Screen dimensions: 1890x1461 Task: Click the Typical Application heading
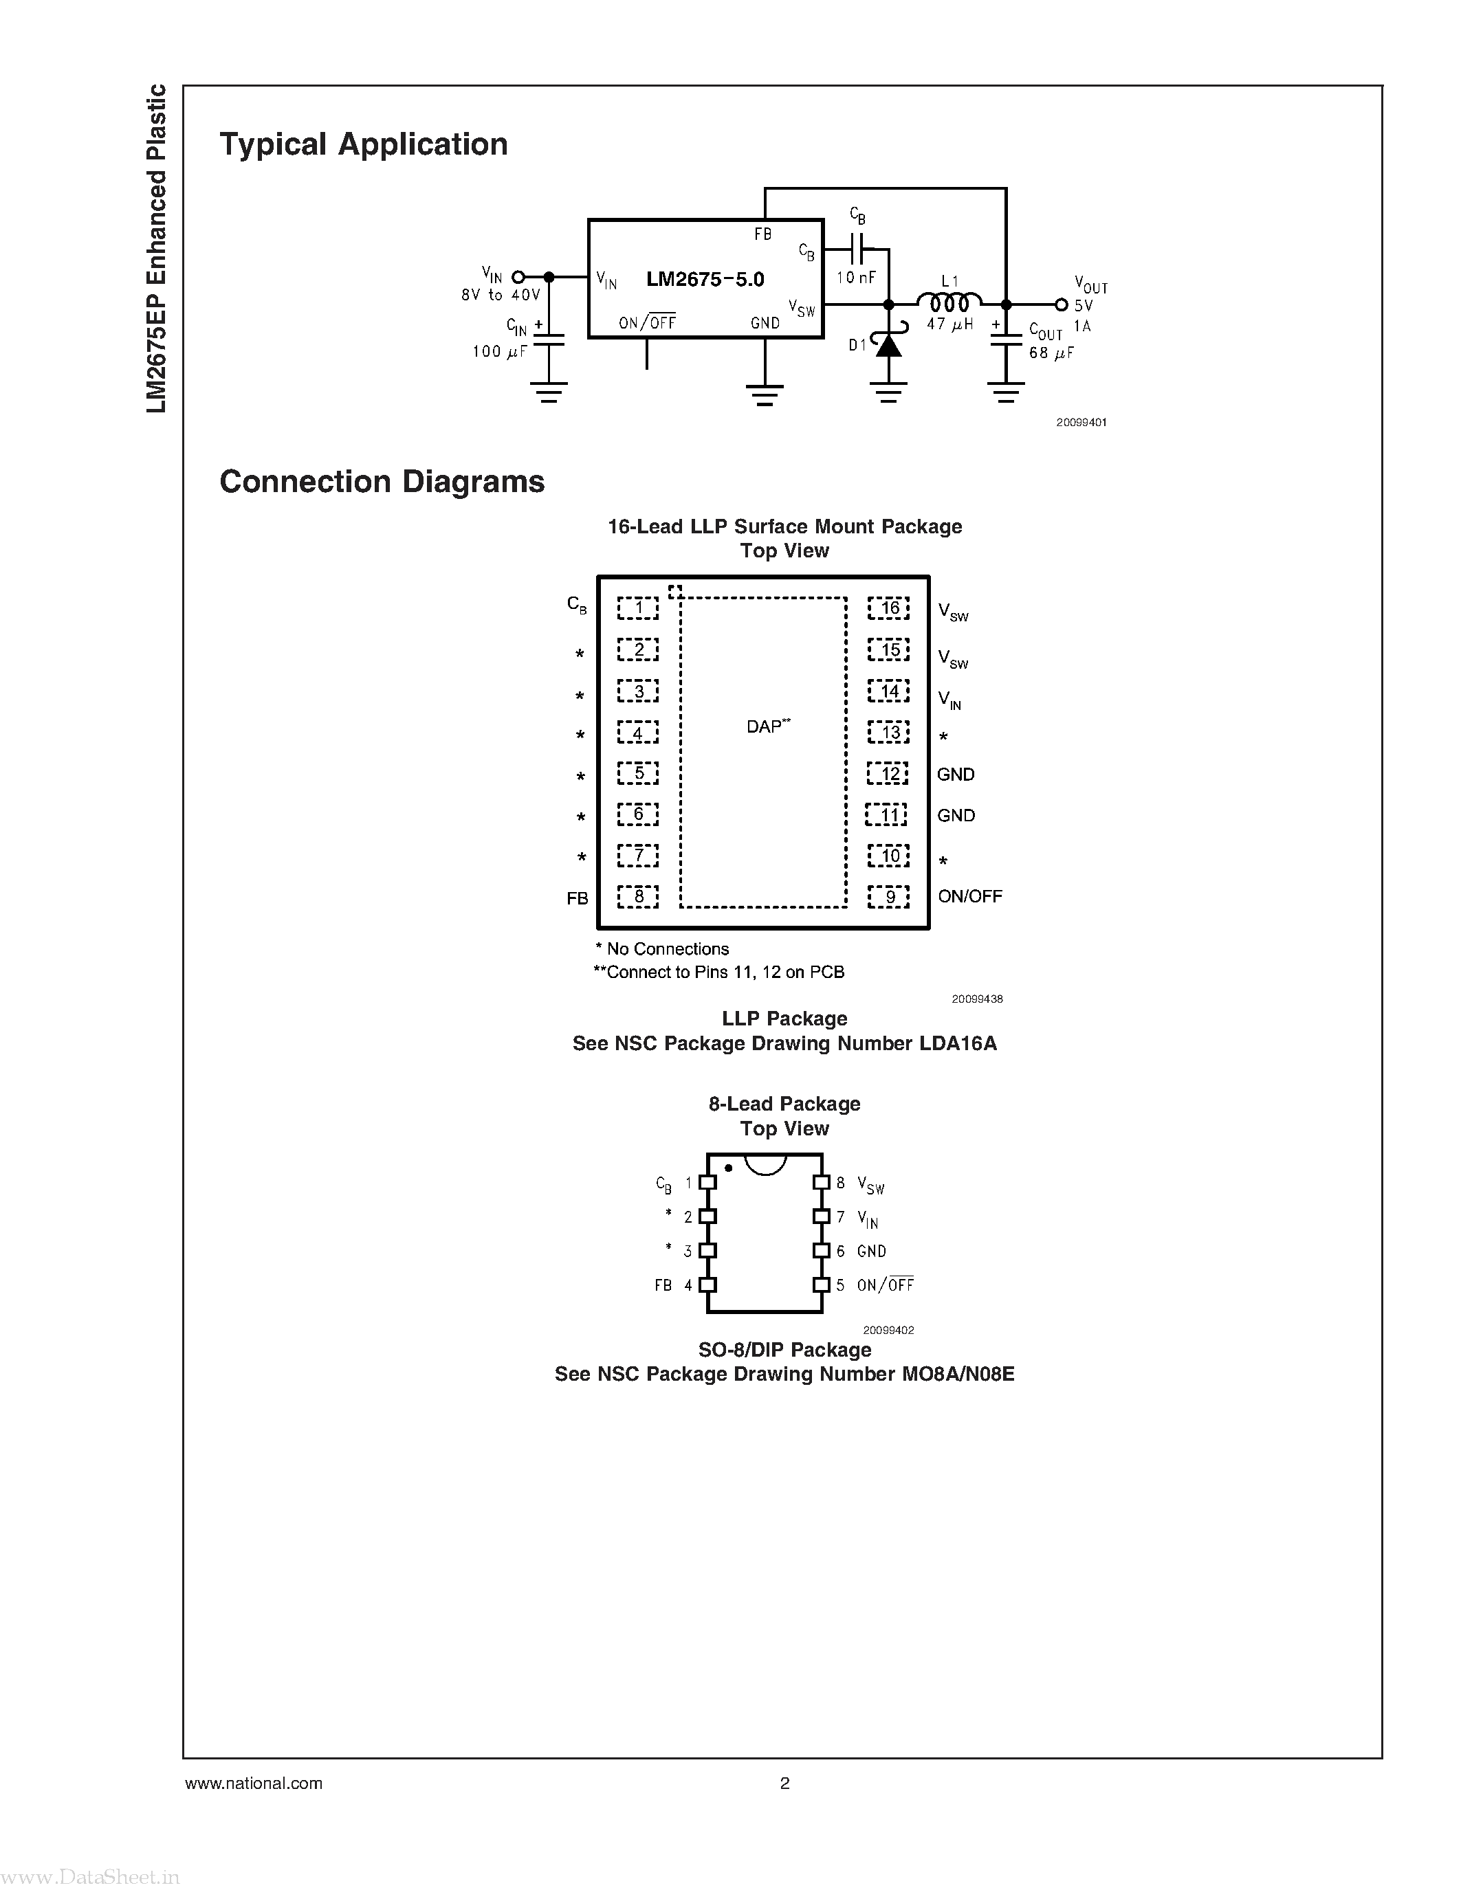click(364, 144)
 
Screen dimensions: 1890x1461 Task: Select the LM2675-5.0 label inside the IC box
click(705, 280)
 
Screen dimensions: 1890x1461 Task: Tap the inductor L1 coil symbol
click(949, 303)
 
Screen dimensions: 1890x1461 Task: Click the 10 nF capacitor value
click(856, 278)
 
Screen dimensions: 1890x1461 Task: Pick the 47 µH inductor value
click(949, 325)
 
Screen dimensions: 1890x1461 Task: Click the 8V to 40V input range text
click(501, 295)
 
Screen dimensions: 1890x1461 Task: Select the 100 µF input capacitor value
click(499, 351)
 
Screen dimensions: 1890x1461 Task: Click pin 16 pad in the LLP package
click(889, 608)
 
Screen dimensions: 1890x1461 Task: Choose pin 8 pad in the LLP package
click(638, 896)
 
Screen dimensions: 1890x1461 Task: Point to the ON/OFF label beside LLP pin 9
click(969, 896)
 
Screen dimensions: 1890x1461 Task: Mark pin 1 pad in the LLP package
click(638, 608)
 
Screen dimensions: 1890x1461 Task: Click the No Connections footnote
click(662, 949)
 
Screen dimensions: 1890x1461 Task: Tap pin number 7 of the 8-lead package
click(840, 1216)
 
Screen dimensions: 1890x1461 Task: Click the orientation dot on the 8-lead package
click(729, 1168)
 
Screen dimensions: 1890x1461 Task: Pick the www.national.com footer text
click(254, 1783)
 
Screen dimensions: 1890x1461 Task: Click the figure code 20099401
click(1081, 422)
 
